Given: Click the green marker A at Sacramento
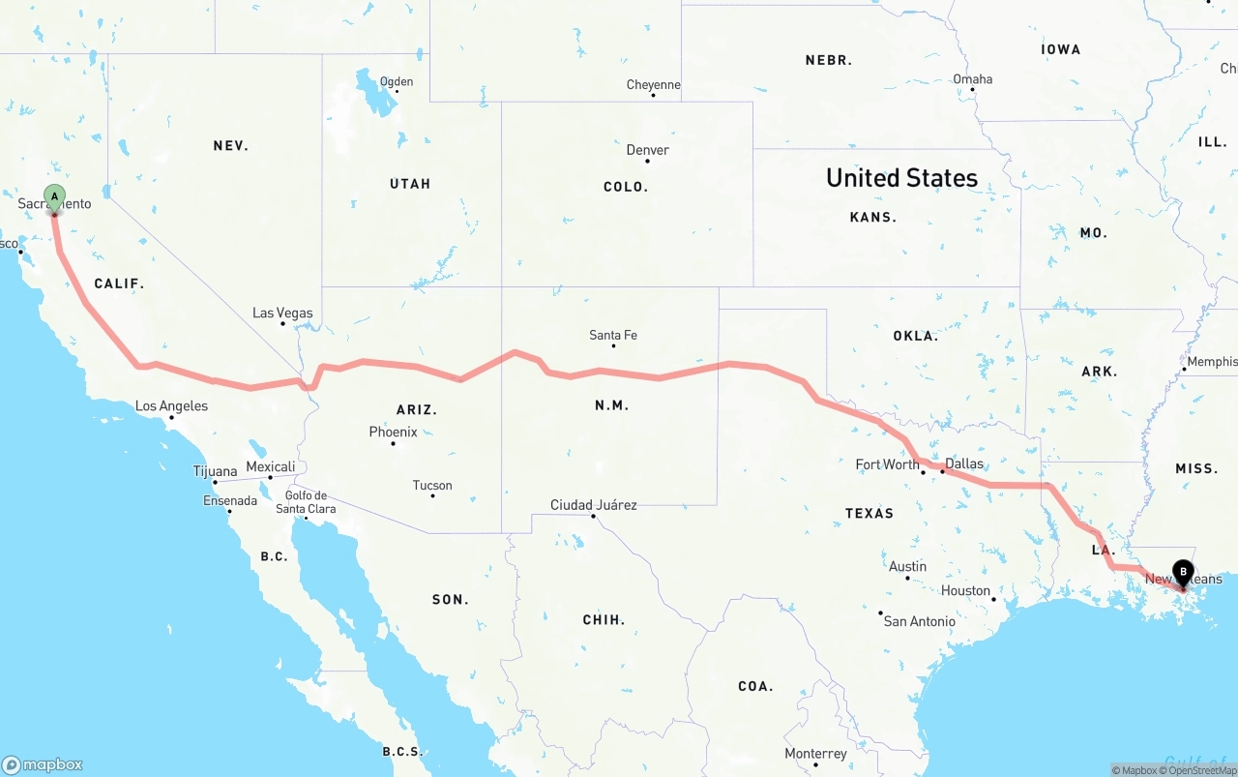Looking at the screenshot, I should tap(54, 198).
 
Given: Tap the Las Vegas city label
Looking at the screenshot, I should tap(282, 313).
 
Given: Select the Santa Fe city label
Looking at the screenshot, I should tap(613, 335).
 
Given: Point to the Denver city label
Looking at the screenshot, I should tap(647, 150).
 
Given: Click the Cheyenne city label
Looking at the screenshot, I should tap(653, 85).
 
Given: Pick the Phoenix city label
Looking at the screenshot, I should tap(393, 432).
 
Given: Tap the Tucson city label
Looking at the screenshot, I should tap(432, 486).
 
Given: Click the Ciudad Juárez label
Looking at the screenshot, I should tap(593, 505).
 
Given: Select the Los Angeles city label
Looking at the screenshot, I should tap(171, 406).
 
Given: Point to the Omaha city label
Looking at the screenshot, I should tap(972, 79).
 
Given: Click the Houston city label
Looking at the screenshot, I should tap(965, 590).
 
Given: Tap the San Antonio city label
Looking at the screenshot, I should tap(919, 621).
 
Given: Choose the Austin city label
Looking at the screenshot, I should tap(907, 566).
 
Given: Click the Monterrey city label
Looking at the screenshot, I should tap(815, 754).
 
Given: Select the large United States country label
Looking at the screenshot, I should tap(901, 178).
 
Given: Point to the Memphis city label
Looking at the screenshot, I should tap(1211, 362).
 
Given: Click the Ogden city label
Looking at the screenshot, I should tap(397, 81).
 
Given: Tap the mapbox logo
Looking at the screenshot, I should tap(43, 764).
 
